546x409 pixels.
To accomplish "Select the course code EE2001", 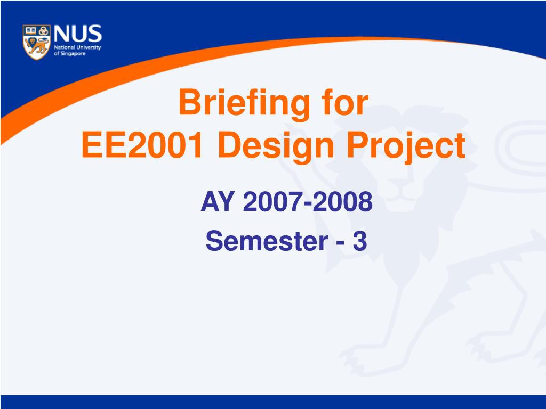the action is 142,144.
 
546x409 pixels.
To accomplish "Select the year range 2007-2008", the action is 308,202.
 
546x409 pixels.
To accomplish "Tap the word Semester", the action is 267,241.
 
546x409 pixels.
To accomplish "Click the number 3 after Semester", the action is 360,241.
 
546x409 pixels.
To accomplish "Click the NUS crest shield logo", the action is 37,42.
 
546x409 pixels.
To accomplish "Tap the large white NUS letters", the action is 78,34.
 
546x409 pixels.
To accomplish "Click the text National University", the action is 77,47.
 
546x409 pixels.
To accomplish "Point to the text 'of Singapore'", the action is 70,54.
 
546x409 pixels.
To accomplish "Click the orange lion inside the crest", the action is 37,46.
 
